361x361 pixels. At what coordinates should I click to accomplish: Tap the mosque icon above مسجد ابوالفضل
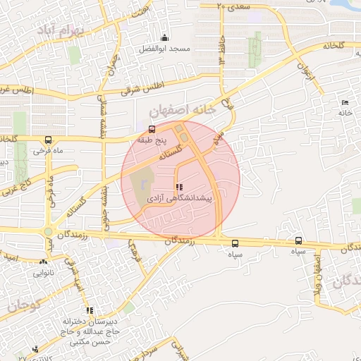[x=165, y=37]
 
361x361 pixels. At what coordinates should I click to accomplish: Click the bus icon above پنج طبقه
[x=152, y=129]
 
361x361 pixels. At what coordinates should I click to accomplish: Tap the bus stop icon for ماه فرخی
[x=48, y=140]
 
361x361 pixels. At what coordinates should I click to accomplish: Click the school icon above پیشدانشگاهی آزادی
[x=178, y=187]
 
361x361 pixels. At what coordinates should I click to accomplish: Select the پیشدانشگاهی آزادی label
[x=178, y=200]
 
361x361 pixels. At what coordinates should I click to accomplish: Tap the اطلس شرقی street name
[x=141, y=87]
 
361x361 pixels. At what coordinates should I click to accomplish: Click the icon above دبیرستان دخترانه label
[x=90, y=310]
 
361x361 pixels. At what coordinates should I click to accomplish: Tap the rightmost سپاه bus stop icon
[x=298, y=241]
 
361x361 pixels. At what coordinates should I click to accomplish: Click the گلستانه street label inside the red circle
[x=169, y=152]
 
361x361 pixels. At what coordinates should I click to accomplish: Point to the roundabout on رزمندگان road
[x=48, y=231]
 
